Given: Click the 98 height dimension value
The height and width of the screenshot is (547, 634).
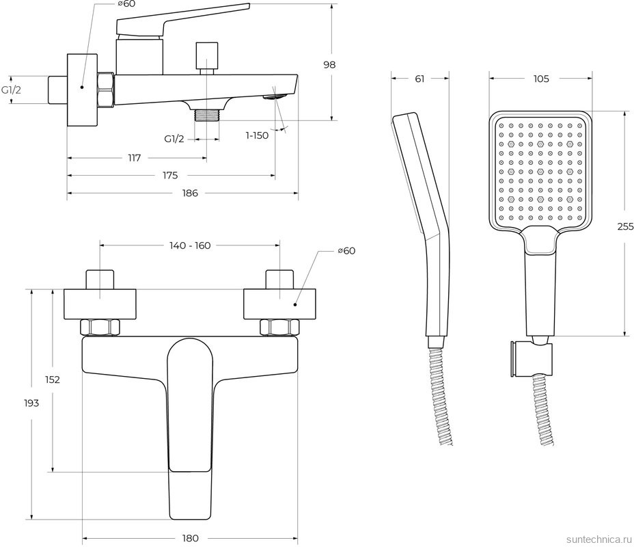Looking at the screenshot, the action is (x=329, y=65).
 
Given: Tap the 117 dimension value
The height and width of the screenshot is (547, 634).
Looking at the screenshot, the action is (x=135, y=158).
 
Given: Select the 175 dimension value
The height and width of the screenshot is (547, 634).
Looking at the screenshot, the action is (x=170, y=176).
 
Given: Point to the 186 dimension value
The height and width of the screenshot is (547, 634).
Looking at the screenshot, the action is (x=190, y=194).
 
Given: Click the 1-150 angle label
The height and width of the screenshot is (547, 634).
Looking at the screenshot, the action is (x=257, y=135).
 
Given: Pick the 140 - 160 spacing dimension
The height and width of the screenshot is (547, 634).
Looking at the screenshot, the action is (x=190, y=245).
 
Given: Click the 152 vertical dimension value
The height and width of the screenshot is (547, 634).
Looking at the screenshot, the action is (x=53, y=379).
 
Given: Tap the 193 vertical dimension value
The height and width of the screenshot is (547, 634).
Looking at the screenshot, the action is (x=31, y=403).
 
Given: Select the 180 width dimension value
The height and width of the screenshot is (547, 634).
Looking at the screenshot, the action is (x=191, y=538).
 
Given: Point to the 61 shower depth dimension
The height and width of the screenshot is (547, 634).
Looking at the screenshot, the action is (x=419, y=79).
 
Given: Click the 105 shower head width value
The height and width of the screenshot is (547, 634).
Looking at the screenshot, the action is (x=541, y=79).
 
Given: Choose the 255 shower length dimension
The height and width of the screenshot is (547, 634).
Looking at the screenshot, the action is (x=626, y=226).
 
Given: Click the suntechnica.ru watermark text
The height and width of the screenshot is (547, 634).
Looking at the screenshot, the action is (x=599, y=539).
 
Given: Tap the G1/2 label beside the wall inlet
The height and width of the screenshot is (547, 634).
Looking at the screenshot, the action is (x=11, y=90).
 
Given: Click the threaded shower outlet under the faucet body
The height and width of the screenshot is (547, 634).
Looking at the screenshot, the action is (x=206, y=115).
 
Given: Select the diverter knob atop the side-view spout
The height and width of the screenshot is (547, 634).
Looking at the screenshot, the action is (x=206, y=59).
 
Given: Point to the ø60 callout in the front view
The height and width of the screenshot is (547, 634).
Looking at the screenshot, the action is (x=346, y=251).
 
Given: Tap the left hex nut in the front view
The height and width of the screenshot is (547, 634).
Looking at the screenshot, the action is (x=100, y=328).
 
